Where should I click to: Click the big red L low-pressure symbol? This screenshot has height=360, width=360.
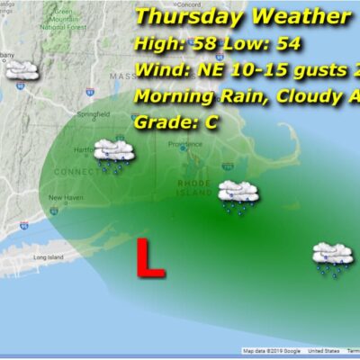tap(149, 258)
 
